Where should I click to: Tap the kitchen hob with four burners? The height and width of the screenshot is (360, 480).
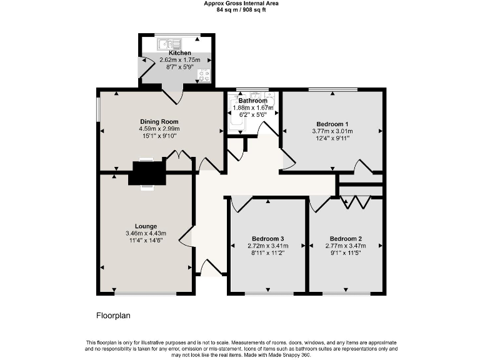click(204, 76)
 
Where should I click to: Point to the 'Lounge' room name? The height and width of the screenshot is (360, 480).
click(146, 226)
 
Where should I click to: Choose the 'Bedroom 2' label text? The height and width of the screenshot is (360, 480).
click(346, 239)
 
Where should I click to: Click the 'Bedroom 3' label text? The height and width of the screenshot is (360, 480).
click(267, 239)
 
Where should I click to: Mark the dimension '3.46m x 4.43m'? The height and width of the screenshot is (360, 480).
click(146, 234)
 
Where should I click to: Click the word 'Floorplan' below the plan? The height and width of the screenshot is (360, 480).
click(113, 316)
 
